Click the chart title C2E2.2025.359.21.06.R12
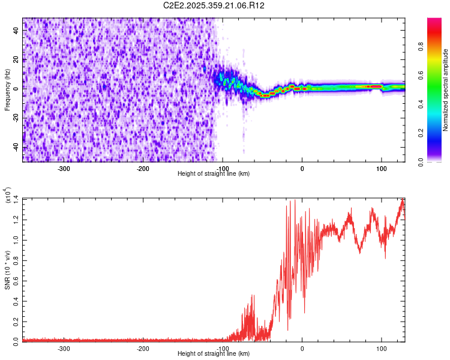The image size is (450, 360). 214,5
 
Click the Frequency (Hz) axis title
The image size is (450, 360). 8,90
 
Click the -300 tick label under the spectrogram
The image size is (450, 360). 64,169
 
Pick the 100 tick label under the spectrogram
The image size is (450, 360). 381,169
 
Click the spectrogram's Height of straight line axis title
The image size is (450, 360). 214,174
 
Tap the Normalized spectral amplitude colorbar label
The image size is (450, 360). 446,90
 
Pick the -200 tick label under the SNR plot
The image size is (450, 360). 143,349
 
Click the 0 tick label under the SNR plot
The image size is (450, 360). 302,349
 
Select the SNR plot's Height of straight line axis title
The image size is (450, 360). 214,354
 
